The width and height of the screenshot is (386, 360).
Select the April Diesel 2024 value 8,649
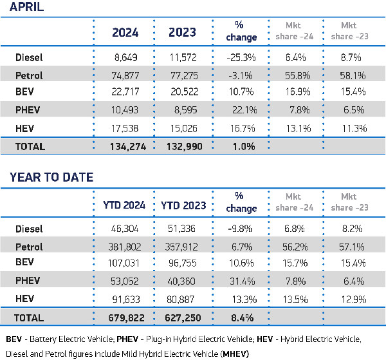(131, 57)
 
